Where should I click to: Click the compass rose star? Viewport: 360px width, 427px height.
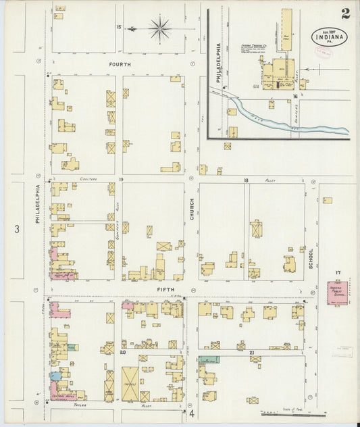point(160,28)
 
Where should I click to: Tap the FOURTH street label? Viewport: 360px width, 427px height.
point(119,64)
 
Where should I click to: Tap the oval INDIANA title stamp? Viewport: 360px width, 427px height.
point(330,36)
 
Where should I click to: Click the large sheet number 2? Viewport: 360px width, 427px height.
point(345,13)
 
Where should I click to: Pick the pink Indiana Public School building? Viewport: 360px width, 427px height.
point(336,293)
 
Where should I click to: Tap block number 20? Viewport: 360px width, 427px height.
point(123,352)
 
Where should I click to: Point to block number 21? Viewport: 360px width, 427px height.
point(251,352)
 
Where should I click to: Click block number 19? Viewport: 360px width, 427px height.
point(121,180)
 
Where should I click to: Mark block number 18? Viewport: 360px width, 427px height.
point(247,180)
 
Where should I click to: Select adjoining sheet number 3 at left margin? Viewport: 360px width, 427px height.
point(17,230)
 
